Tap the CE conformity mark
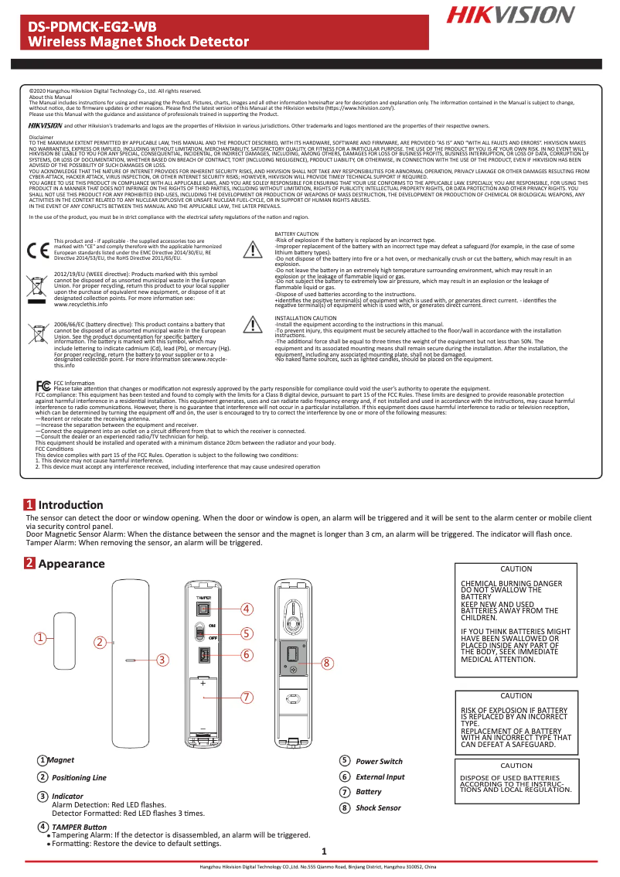(37, 251)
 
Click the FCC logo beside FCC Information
(44, 384)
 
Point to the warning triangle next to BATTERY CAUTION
(253, 249)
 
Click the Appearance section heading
(70, 564)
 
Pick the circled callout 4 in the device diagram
(247, 609)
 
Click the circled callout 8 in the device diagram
(327, 663)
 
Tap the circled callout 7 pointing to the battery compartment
(247, 697)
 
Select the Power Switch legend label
(379, 762)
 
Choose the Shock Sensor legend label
(378, 807)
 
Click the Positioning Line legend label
(79, 777)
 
